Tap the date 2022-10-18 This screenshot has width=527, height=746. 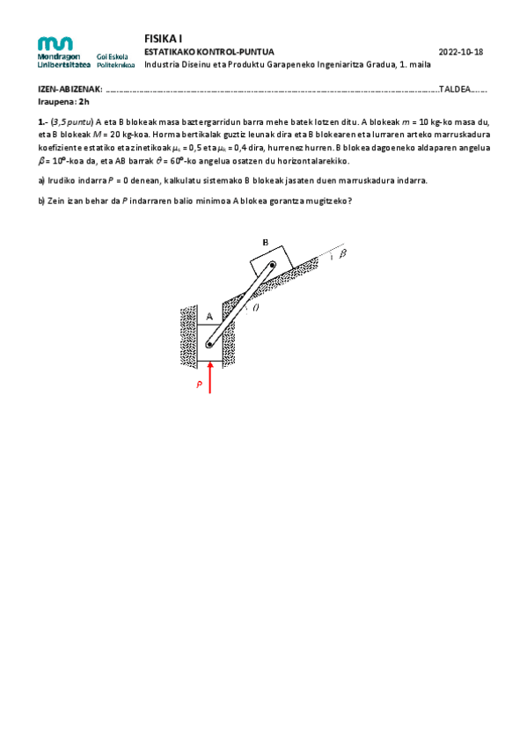tap(460, 53)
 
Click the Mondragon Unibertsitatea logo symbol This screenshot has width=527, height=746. tap(55, 43)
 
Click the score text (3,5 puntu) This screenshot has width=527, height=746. tap(71, 121)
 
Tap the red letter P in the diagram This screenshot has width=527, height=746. tap(200, 384)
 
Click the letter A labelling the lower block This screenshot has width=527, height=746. tap(209, 315)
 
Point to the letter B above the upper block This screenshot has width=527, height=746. tap(265, 242)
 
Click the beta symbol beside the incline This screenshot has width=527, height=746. tap(343, 254)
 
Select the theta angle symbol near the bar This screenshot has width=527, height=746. tap(256, 308)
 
